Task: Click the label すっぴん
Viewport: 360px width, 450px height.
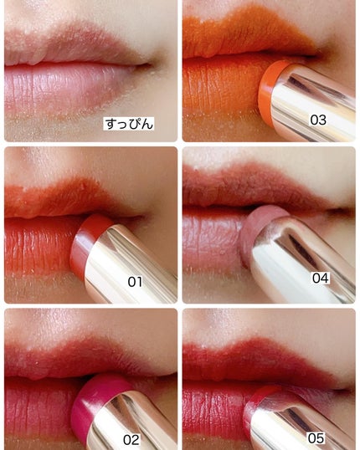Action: pos(129,124)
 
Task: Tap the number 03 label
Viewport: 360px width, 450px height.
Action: pos(318,120)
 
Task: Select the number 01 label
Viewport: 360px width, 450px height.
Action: pos(135,282)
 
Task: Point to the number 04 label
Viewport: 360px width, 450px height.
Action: pos(321,278)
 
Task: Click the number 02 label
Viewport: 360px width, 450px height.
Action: pos(131,440)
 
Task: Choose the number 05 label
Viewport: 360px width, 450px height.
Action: pos(316,438)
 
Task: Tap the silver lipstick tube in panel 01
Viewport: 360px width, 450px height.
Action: pos(129,264)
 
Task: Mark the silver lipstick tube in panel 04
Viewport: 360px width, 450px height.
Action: pos(301,258)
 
